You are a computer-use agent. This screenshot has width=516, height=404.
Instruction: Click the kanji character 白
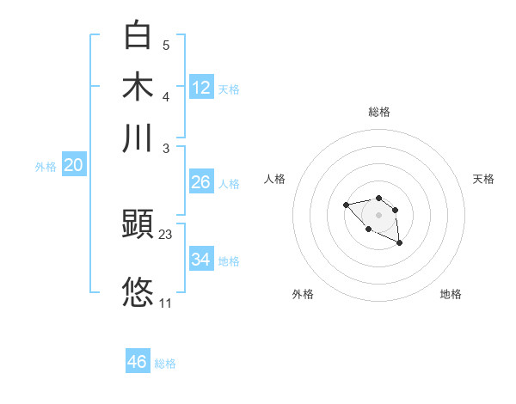pos(138,34)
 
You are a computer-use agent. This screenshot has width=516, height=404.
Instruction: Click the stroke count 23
pos(166,234)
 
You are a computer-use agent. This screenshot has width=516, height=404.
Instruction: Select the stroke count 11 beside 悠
pos(166,303)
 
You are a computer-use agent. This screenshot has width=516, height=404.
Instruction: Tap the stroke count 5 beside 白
pos(166,45)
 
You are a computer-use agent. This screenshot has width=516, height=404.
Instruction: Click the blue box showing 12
pos(201,87)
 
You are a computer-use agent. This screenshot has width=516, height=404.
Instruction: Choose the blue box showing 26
pos(200,182)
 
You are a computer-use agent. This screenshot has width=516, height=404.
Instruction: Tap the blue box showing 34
pos(200,260)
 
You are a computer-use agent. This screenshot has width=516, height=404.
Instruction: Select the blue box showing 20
pos(73,166)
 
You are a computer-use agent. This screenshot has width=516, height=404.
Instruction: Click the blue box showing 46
pos(137,362)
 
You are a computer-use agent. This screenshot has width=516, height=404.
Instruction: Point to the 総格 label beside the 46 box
pos(165,364)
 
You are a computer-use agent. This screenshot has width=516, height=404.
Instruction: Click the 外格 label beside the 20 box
pos(46,168)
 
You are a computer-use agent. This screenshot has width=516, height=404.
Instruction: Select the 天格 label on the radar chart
pos(483,179)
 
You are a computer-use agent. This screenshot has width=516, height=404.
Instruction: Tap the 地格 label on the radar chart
pos(451,294)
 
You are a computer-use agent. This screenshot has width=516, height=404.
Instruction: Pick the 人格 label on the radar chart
pos(275,179)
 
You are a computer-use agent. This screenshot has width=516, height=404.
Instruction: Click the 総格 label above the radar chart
pos(379,112)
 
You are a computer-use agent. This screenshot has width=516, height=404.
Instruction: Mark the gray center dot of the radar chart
pos(379,215)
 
